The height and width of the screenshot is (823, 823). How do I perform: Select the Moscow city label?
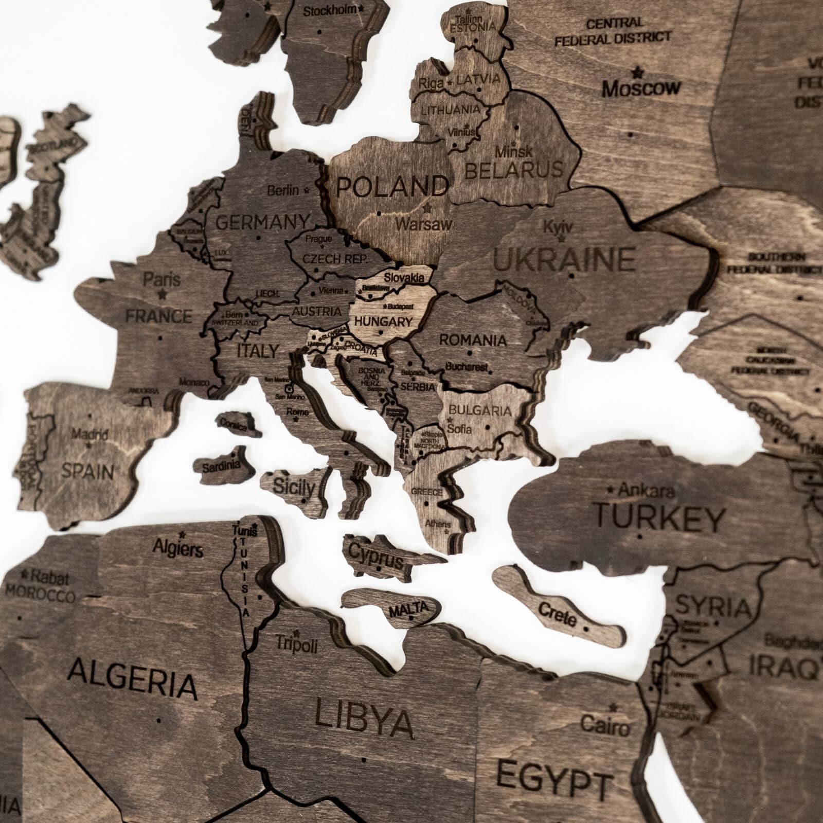point(641,88)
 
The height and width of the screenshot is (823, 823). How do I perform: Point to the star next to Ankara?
point(611,488)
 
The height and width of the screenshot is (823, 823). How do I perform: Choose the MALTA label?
point(408,610)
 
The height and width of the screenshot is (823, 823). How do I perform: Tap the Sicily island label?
point(294,486)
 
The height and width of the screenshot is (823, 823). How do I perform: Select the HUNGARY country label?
point(384,322)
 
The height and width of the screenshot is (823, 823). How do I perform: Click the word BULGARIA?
point(480,410)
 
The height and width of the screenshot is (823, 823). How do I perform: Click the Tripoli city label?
point(297,645)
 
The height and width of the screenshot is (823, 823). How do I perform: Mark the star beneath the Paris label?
point(163,295)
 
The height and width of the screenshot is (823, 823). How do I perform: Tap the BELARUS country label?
point(514,169)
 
